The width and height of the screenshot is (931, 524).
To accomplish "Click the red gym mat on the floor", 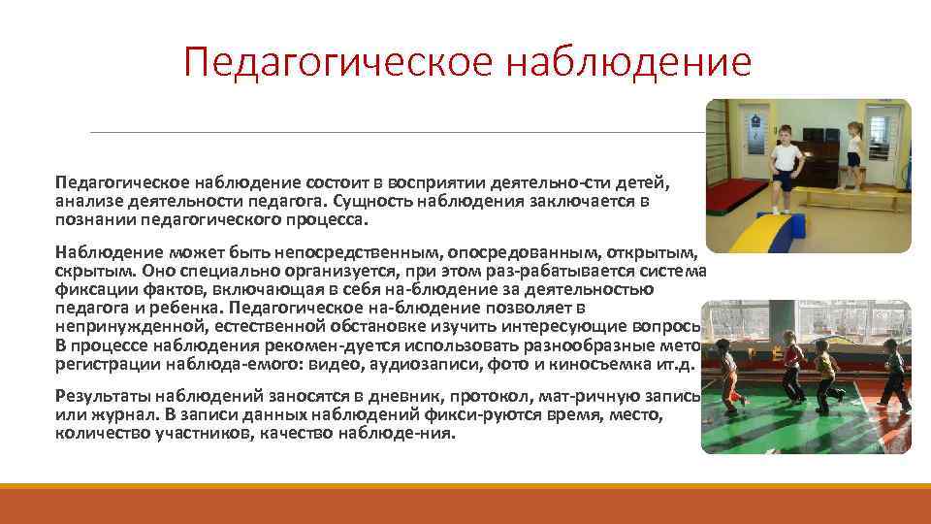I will [737, 200].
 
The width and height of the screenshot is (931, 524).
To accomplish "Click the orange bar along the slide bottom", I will [465, 504].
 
